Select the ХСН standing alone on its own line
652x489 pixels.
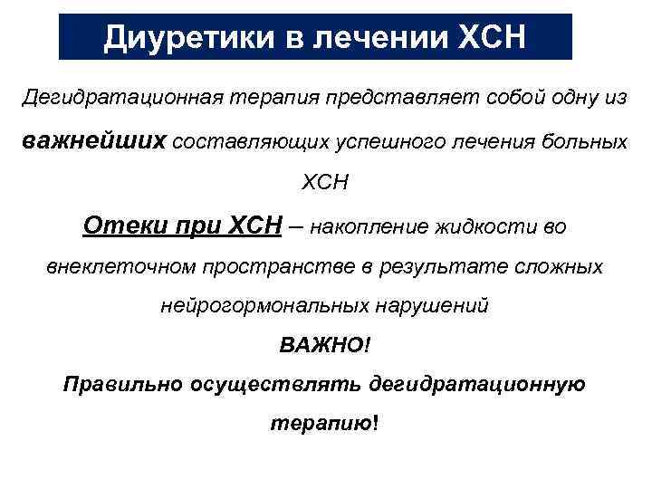(325, 183)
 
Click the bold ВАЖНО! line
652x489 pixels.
(325, 345)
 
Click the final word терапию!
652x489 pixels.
(325, 422)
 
